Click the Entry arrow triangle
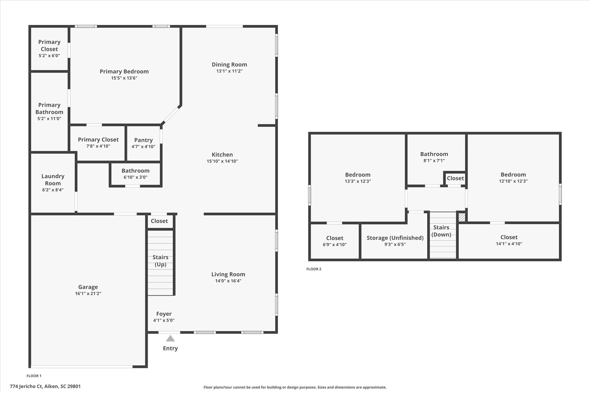click(x=170, y=338)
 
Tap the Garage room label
click(x=88, y=287)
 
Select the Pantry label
click(x=143, y=140)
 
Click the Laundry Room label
click(x=53, y=180)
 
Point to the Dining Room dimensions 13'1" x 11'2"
click(x=230, y=71)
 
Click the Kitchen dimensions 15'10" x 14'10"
click(x=222, y=161)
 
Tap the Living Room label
click(x=228, y=274)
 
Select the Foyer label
click(x=164, y=314)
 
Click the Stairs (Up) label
click(x=160, y=261)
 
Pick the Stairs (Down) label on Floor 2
click(x=441, y=231)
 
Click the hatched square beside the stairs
click(x=462, y=217)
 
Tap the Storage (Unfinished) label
click(x=395, y=238)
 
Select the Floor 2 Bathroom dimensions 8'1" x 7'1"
click(x=434, y=161)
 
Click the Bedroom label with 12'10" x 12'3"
click(x=513, y=174)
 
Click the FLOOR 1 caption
click(x=34, y=376)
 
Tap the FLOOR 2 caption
click(x=314, y=269)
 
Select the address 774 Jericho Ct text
click(x=27, y=386)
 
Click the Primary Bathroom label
click(x=49, y=109)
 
